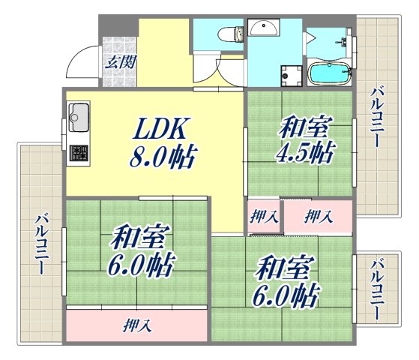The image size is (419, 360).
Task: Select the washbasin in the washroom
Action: (x=263, y=28)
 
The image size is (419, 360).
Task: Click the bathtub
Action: (x=330, y=73)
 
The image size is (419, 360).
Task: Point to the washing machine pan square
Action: (x=289, y=74)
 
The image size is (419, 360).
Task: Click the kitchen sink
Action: (x=79, y=116)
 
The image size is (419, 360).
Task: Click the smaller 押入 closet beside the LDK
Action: (x=264, y=217)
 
